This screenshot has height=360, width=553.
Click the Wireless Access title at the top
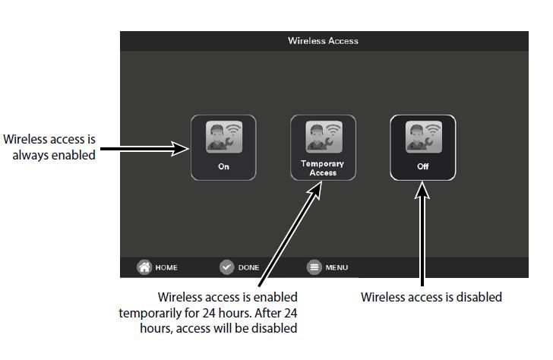click(323, 40)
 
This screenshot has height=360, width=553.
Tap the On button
click(223, 147)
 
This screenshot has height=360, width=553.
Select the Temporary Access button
click(323, 147)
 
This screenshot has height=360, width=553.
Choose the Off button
click(423, 147)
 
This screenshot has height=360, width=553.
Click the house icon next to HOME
click(144, 267)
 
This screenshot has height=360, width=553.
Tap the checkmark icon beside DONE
click(226, 267)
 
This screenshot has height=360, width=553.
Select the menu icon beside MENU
click(314, 267)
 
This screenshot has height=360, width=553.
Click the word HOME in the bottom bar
click(166, 267)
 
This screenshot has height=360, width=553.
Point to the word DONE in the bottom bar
click(248, 267)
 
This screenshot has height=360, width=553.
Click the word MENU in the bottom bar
click(337, 267)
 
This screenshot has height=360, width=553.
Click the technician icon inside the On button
click(223, 137)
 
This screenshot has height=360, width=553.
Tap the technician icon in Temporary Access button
click(323, 137)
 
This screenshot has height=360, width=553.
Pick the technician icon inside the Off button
click(423, 137)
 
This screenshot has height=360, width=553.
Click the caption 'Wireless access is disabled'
click(431, 297)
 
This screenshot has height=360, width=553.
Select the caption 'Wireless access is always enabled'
click(50, 147)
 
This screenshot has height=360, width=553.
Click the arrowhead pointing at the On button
click(182, 148)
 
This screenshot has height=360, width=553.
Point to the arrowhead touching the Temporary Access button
click(318, 186)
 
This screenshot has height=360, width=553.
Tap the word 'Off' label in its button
click(423, 166)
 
